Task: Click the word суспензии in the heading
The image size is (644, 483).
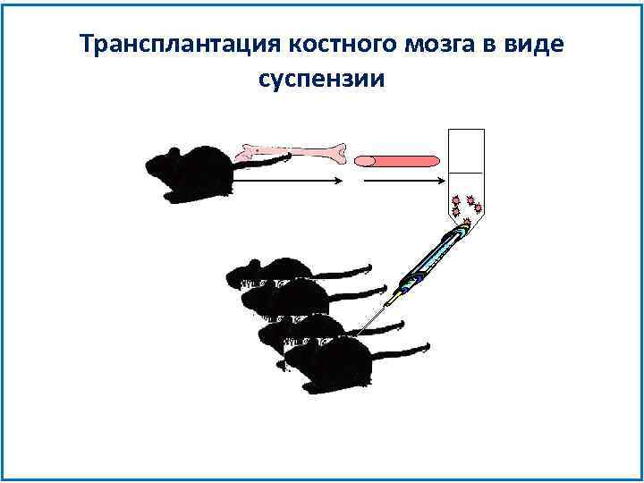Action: click(321, 79)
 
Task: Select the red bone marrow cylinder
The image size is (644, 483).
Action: click(397, 161)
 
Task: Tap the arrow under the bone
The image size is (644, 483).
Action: click(286, 180)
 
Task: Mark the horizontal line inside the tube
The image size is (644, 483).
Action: click(465, 171)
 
